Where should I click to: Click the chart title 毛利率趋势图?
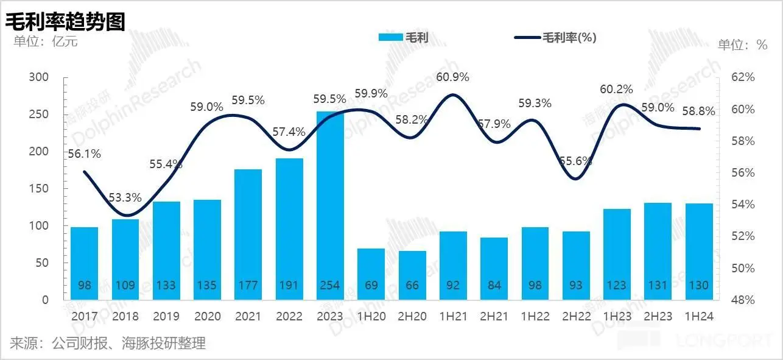click(66, 21)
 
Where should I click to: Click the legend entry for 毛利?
click(404, 37)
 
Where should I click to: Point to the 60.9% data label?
click(453, 77)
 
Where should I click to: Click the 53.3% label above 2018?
click(125, 198)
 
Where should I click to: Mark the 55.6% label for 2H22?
click(575, 162)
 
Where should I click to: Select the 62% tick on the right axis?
click(743, 77)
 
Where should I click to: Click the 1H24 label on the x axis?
click(699, 316)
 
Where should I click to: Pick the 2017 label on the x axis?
click(84, 316)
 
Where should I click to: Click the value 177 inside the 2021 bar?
click(248, 285)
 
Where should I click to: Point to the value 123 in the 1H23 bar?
click(617, 285)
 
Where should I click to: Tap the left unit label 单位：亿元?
click(42, 41)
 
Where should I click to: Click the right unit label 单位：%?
click(742, 44)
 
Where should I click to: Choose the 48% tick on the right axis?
click(743, 300)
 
